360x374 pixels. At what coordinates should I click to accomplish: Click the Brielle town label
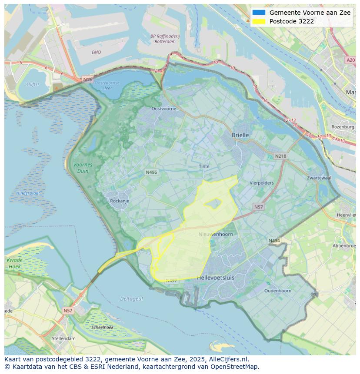(240, 135)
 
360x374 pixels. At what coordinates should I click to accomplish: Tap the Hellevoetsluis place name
(215, 277)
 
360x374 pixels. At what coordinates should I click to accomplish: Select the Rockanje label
(120, 201)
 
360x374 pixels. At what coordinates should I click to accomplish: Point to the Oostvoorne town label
(163, 109)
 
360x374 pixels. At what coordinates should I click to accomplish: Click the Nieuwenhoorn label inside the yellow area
(216, 234)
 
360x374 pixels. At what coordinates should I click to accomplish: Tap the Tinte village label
(204, 166)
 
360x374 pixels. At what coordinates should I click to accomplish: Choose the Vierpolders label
(262, 183)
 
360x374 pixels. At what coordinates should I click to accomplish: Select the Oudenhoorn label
(278, 291)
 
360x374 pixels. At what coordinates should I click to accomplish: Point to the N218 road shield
(280, 156)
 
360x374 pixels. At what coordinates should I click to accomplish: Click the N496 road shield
(151, 172)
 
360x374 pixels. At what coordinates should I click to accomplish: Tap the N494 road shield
(274, 240)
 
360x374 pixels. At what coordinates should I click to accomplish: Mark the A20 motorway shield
(350, 60)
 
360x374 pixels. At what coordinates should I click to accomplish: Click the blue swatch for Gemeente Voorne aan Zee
(259, 13)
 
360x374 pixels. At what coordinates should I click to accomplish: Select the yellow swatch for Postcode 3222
(259, 21)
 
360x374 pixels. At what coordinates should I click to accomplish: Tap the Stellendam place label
(63, 338)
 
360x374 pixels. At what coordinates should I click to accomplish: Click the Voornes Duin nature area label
(83, 168)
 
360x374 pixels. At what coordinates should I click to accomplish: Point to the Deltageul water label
(131, 298)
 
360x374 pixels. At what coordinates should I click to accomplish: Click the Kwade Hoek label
(14, 263)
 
